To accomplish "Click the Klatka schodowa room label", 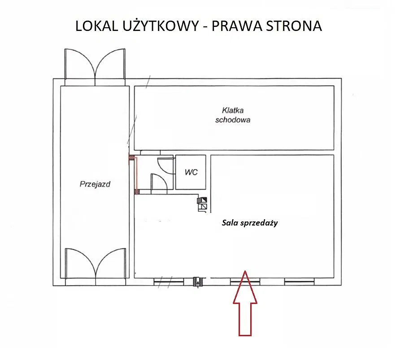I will [x=232, y=115].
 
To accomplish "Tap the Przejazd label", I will [x=95, y=183].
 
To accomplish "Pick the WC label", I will [x=191, y=172].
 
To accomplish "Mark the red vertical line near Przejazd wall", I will [x=136, y=175].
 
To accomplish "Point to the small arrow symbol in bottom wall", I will [x=196, y=282].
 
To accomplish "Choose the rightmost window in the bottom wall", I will [x=299, y=282].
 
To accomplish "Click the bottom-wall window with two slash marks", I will [x=169, y=282].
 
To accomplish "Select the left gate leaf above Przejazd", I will [x=80, y=65].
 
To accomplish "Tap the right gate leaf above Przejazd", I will [x=109, y=65].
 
